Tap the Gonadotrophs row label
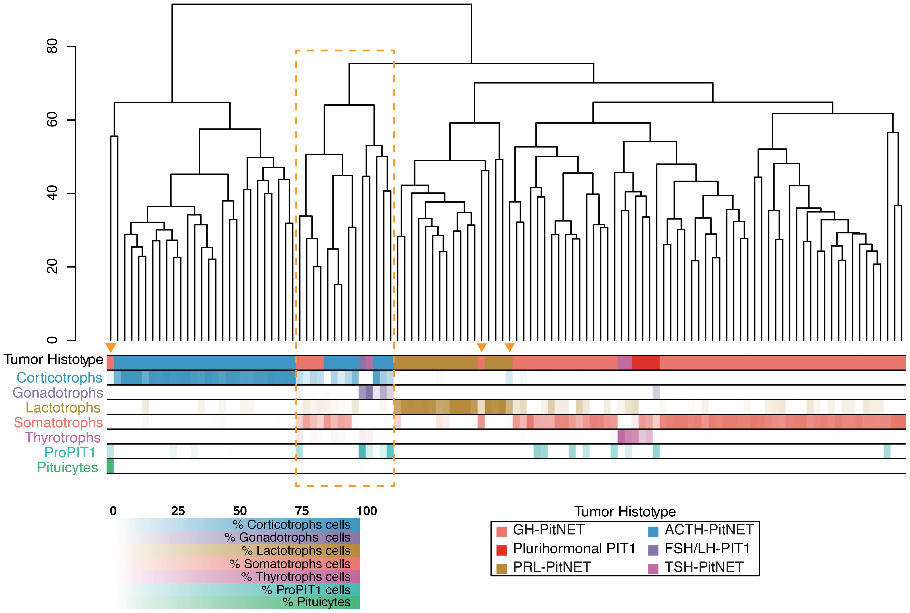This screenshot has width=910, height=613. pyautogui.click(x=58, y=392)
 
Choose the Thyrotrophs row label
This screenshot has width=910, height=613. pyautogui.click(x=63, y=438)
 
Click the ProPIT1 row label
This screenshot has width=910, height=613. pyautogui.click(x=70, y=452)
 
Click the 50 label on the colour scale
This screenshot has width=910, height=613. pyautogui.click(x=240, y=511)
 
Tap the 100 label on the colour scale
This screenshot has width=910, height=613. pyautogui.click(x=367, y=511)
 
